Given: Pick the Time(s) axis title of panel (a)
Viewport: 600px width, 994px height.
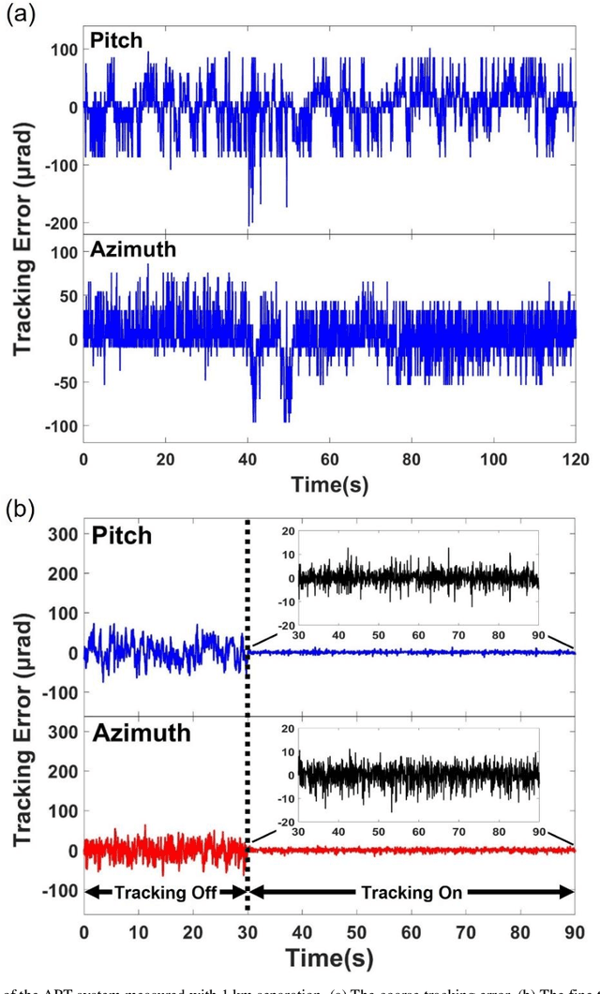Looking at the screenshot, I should [x=329, y=484].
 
